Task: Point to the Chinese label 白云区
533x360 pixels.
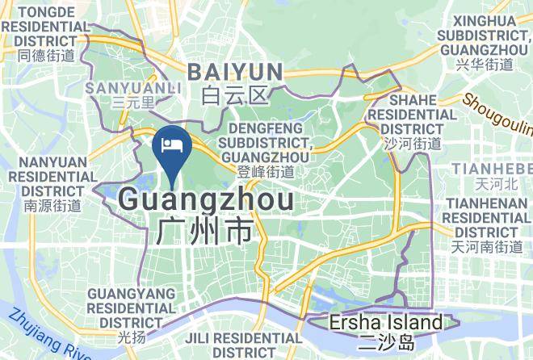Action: pyautogui.click(x=234, y=97)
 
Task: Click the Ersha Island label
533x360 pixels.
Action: pyautogui.click(x=386, y=324)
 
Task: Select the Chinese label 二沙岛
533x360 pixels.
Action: pyautogui.click(x=386, y=342)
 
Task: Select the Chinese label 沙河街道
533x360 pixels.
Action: pyautogui.click(x=412, y=144)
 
